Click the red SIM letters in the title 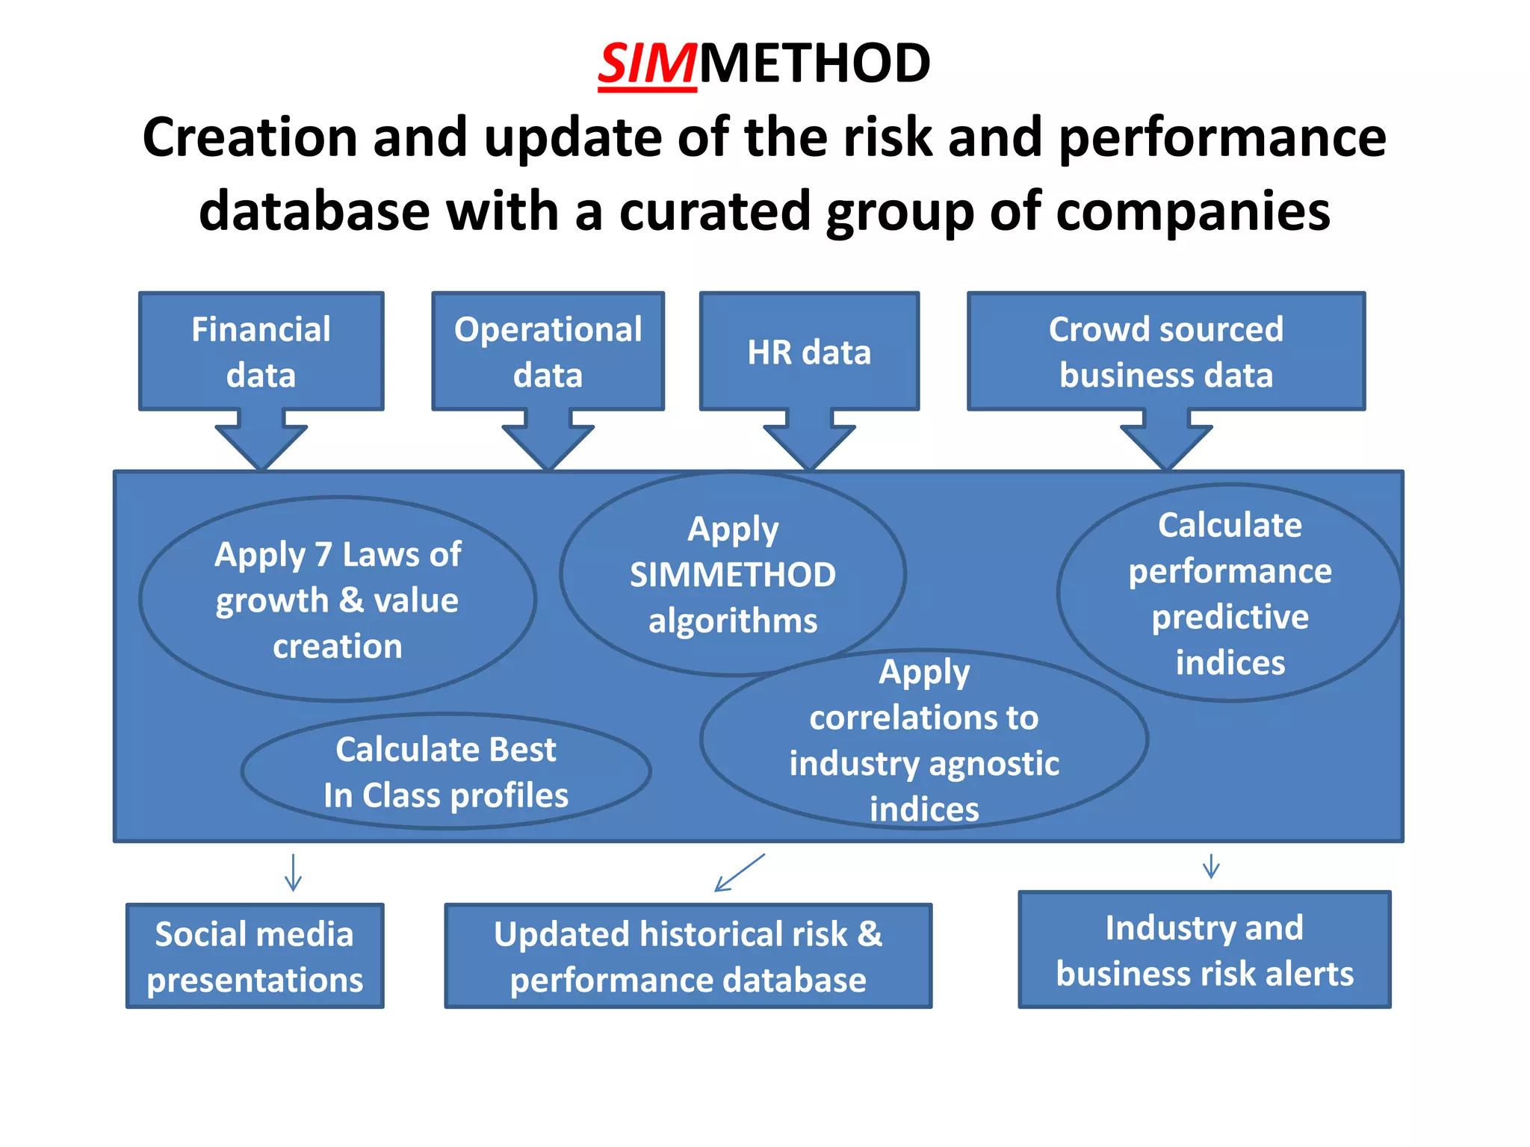[647, 64]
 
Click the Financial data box [261, 351]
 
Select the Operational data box [548, 351]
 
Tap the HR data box [809, 351]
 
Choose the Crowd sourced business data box [1165, 351]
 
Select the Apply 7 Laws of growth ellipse [338, 599]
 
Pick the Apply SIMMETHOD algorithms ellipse [732, 573]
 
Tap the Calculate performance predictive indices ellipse [1230, 593]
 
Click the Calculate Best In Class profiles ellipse [446, 771]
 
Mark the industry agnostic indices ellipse [924, 740]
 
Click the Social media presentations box [255, 956]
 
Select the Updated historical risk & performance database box [688, 956]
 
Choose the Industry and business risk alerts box [1204, 950]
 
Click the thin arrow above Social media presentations [293, 872]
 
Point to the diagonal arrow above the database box [740, 872]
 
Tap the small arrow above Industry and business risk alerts [1211, 866]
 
